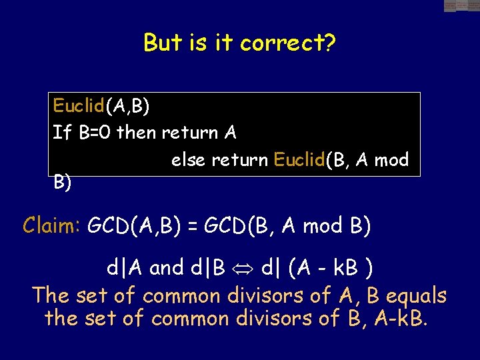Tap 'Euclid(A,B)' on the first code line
click(101, 106)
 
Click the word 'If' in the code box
click(62, 133)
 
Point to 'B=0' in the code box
click(95, 133)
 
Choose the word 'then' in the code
click(136, 133)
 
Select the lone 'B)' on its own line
click(63, 182)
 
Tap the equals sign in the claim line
click(193, 227)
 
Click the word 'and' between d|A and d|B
click(167, 268)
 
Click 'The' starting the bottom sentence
click(51, 295)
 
